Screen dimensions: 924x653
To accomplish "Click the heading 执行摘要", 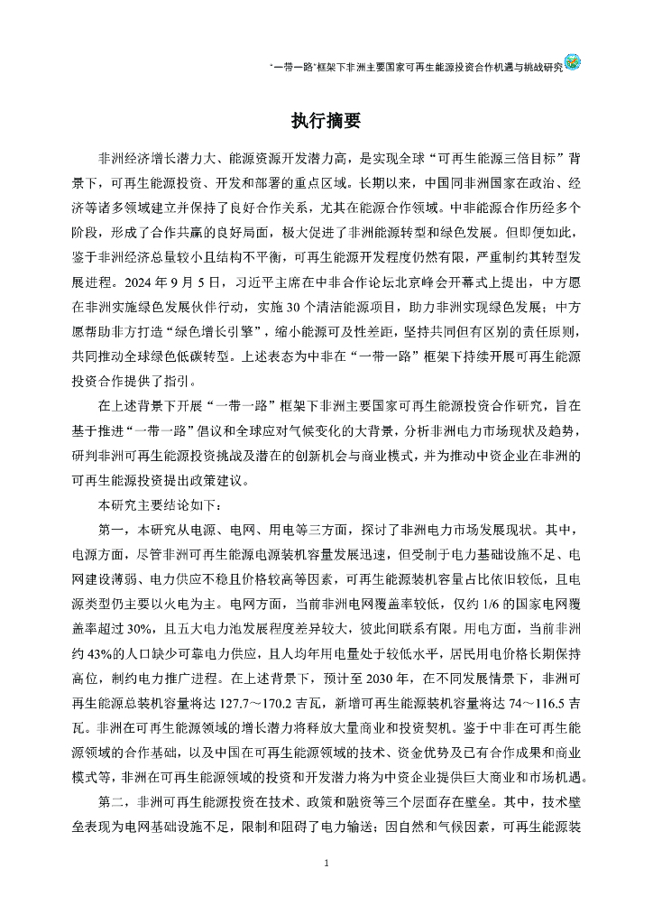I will point(326,120).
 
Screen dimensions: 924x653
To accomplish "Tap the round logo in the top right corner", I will point(572,62).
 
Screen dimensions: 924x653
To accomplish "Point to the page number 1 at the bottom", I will point(326,864).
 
